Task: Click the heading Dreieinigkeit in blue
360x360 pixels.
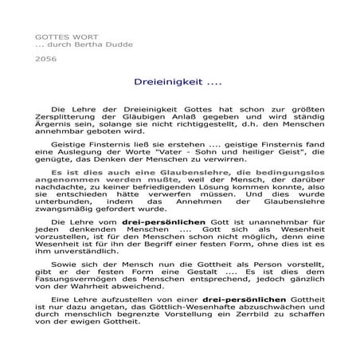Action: coord(171,82)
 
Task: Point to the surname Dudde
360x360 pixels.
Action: coord(118,45)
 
